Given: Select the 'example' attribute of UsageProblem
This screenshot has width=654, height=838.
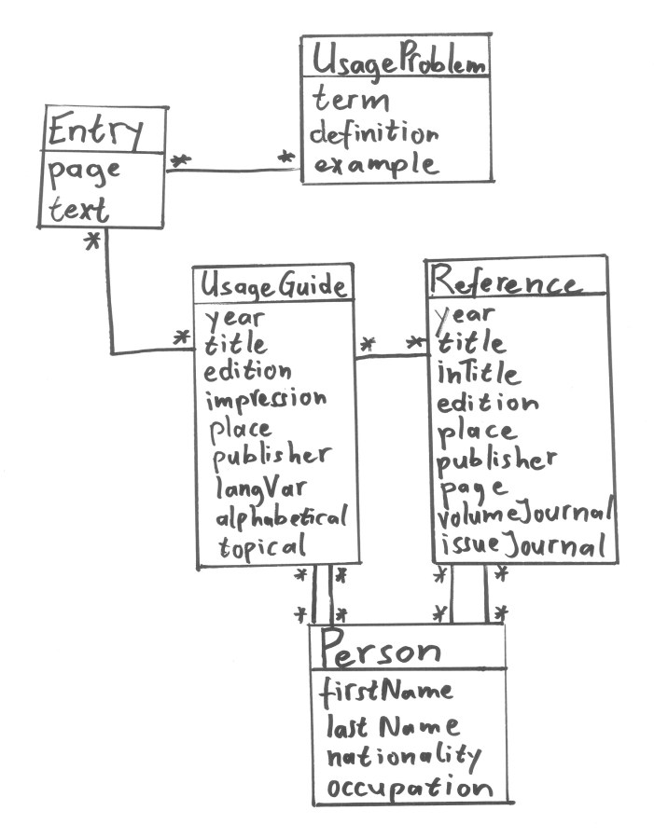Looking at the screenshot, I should click(x=373, y=165).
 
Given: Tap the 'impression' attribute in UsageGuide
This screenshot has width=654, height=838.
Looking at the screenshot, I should click(x=266, y=399).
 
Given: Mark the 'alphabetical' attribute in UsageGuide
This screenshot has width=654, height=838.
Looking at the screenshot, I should click(x=281, y=515).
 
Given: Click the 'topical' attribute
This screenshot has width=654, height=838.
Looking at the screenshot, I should click(x=262, y=546).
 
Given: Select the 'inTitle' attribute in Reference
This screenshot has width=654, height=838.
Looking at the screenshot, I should click(x=479, y=374).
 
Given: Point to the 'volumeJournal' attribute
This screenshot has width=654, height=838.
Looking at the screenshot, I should click(x=524, y=513).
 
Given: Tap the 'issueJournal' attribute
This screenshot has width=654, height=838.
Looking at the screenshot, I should click(x=522, y=543).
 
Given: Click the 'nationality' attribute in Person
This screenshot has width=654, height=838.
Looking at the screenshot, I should click(x=402, y=754).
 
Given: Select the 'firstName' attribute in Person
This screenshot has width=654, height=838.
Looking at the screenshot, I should click(x=387, y=691).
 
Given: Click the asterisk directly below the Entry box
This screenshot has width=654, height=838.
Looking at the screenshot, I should click(x=92, y=241).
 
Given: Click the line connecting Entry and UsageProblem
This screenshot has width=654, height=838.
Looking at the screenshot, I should click(x=233, y=170).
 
